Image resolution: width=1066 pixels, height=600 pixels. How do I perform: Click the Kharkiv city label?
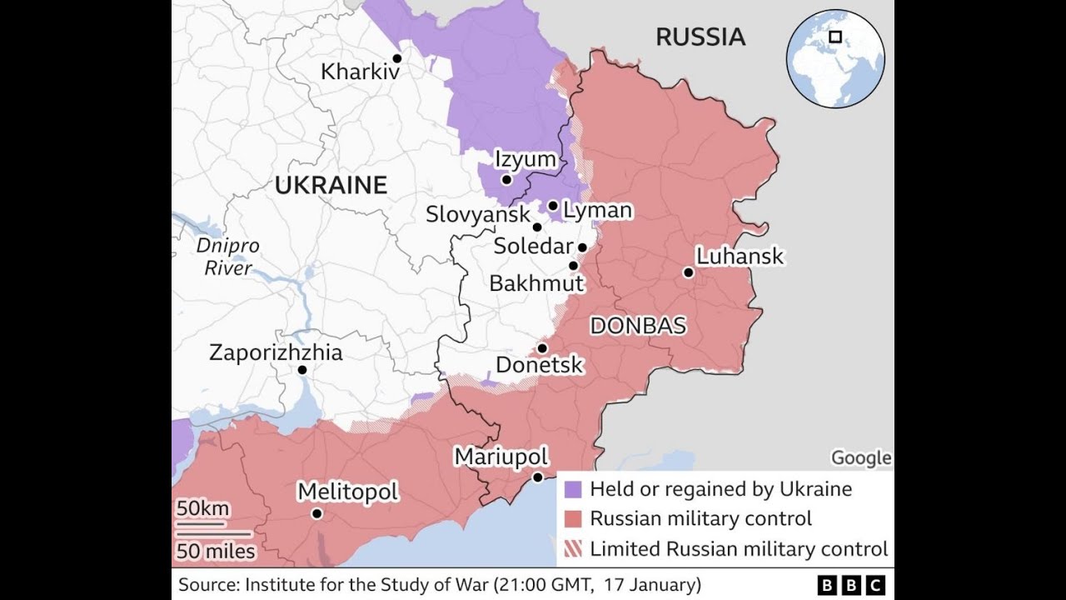pos(360,72)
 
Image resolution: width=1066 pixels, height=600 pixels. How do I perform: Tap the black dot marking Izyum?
pos(506,179)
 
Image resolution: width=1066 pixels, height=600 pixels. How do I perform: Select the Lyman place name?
pos(597,210)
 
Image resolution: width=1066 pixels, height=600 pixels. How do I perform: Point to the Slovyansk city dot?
pos(537,227)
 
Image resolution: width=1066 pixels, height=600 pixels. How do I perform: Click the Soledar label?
pos(533,247)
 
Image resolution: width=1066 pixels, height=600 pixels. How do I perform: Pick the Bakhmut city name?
pos(536,283)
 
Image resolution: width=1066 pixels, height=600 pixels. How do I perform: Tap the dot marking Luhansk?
pos(689,272)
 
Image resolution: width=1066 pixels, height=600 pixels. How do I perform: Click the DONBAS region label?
pos(638,326)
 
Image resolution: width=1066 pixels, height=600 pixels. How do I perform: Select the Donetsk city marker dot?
pos(542,348)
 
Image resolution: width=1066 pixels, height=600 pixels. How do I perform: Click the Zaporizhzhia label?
pos(276,352)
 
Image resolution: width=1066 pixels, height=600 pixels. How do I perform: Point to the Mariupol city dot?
pos(538,477)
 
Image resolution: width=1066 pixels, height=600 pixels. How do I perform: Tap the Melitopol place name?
pos(348,492)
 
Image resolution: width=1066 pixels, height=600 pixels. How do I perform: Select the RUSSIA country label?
pos(700,37)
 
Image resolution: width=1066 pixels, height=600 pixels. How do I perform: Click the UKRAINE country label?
pos(331,185)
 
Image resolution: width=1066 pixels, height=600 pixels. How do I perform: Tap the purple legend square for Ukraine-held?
pos(572,489)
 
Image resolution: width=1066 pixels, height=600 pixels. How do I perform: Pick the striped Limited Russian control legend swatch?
pos(572,549)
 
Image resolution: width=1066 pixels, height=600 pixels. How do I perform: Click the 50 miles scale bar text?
pos(216,551)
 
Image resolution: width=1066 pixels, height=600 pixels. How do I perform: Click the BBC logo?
pos(850,585)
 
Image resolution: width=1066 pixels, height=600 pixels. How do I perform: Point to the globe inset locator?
pos(835,58)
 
